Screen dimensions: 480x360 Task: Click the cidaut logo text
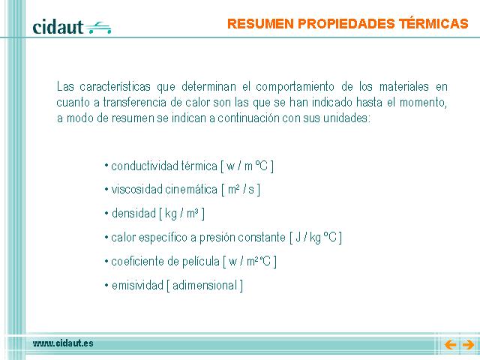coord(58,27)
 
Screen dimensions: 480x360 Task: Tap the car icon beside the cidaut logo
coord(98,28)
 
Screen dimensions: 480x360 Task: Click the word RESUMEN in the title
coord(260,23)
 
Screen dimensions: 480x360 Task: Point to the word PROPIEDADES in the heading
coord(346,23)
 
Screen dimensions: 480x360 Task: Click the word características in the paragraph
coord(115,87)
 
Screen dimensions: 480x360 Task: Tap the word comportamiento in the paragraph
coord(295,87)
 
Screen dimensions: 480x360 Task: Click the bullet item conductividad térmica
coord(164,166)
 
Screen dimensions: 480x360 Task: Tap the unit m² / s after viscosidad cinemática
coord(241,190)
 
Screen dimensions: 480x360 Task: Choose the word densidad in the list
coord(133,213)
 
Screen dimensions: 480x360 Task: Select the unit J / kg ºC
coord(316,237)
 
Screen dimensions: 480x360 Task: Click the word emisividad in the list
coord(137,285)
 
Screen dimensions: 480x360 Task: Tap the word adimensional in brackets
coord(205,285)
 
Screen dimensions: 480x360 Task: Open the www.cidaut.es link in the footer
coord(63,343)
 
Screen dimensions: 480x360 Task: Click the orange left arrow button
coord(450,345)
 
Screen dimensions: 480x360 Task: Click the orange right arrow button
coord(468,345)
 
